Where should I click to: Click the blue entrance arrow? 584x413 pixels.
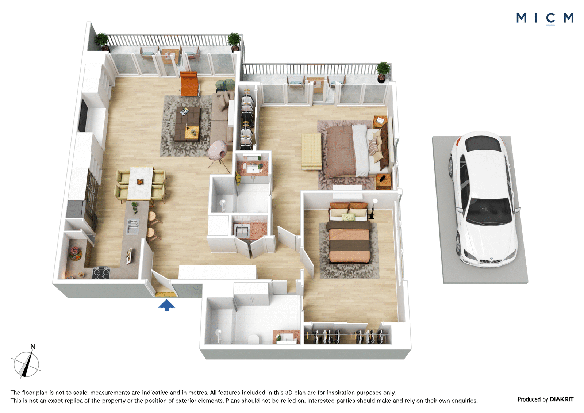[166, 305]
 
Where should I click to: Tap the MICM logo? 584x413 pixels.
[545, 18]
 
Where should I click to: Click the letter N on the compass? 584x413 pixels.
[33, 347]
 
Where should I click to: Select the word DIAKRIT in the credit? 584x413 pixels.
[562, 399]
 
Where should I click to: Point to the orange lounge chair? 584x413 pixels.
[189, 83]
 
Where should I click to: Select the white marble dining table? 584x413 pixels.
[140, 183]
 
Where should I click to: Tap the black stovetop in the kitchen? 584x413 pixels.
[101, 273]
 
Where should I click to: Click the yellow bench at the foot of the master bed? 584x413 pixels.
[311, 151]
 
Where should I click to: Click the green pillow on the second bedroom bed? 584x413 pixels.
[348, 217]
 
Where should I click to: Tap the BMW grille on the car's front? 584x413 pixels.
[491, 261]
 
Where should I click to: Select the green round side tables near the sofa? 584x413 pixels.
[225, 85]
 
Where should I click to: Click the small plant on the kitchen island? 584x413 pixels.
[135, 207]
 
